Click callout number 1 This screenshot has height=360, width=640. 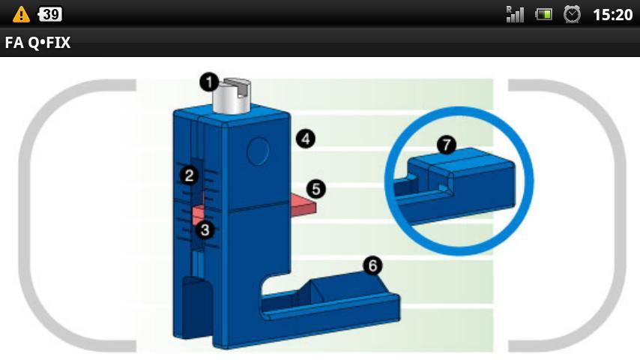[x=209, y=82]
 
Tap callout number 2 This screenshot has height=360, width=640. [x=189, y=175]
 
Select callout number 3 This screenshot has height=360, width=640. [x=205, y=230]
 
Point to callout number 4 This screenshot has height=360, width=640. [x=306, y=139]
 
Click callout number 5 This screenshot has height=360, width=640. [x=316, y=189]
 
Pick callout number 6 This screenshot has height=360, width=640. [x=372, y=265]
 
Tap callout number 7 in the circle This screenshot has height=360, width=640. [x=447, y=145]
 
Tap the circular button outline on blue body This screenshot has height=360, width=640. [x=259, y=151]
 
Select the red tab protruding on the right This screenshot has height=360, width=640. [x=304, y=205]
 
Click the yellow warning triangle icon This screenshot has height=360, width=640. [x=21, y=15]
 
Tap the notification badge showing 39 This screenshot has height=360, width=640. [x=49, y=14]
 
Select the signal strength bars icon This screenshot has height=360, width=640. [x=515, y=14]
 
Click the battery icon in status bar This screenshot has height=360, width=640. [x=543, y=15]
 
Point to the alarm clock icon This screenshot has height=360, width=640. [x=572, y=14]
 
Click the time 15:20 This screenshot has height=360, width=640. [x=613, y=15]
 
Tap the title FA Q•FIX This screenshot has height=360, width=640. [x=37, y=43]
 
